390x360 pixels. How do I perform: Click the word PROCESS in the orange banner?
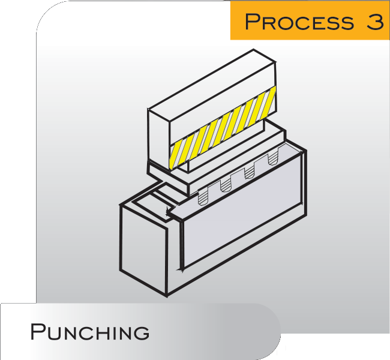[298, 22]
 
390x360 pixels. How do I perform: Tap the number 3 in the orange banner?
[373, 22]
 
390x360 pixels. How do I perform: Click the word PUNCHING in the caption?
[90, 331]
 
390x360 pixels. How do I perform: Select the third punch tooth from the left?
[248, 172]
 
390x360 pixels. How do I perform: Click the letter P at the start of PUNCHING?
[38, 331]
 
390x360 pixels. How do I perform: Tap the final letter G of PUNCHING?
[142, 331]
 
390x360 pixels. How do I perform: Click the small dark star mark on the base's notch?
[166, 210]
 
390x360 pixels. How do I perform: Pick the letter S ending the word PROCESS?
[345, 22]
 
